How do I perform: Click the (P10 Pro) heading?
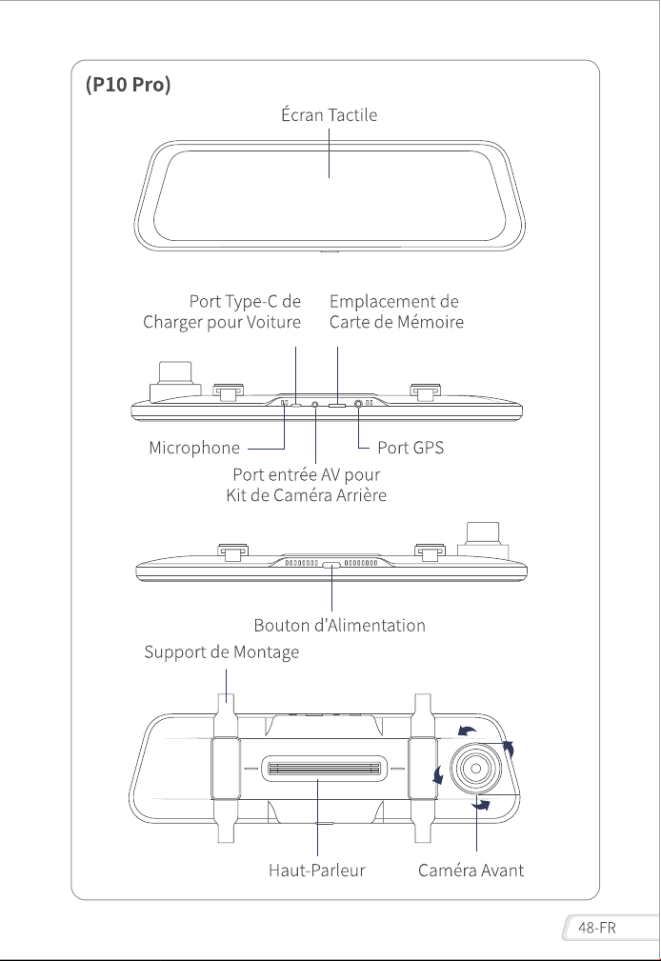[129, 84]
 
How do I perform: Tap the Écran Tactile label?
[330, 114]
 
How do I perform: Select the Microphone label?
[194, 448]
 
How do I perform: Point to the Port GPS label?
[411, 448]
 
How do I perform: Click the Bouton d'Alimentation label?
[339, 625]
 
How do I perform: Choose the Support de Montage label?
[221, 652]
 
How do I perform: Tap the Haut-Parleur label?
[316, 871]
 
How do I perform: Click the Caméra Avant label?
[471, 871]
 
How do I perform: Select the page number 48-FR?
[596, 928]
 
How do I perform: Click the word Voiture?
[273, 322]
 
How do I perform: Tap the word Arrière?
[362, 495]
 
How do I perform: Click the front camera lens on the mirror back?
[476, 768]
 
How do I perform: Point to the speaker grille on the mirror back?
[326, 769]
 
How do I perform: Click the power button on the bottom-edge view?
[331, 565]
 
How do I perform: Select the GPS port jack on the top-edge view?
[358, 403]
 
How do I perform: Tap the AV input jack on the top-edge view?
[315, 404]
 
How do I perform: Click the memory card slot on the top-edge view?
[337, 405]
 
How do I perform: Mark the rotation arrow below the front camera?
[481, 805]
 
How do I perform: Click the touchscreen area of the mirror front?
[330, 195]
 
